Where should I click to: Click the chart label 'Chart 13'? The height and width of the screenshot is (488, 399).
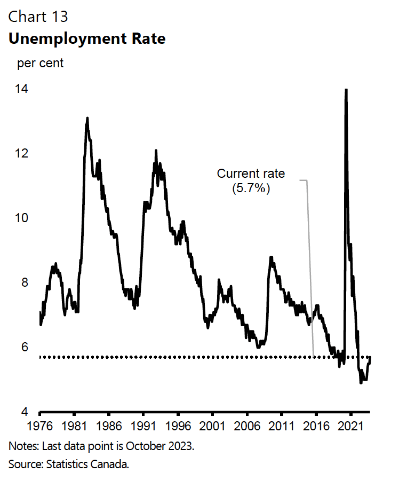tap(38, 17)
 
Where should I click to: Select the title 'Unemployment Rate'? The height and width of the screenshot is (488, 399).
tap(86, 39)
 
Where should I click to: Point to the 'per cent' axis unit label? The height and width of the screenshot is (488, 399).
tap(41, 64)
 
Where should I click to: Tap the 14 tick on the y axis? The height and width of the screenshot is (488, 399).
tap(22, 89)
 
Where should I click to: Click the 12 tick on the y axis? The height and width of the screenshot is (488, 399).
tap(22, 154)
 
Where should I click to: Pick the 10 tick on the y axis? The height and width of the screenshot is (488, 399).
tap(22, 218)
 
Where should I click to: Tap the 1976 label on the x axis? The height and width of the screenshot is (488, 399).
tap(40, 427)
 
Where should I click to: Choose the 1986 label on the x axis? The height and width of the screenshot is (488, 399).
tap(109, 427)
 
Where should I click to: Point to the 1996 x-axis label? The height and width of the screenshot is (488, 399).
tap(178, 427)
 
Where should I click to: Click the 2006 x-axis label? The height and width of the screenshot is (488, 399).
tap(247, 427)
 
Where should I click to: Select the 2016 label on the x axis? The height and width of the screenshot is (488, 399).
tap(316, 427)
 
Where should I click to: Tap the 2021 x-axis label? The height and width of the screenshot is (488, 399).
tap(350, 427)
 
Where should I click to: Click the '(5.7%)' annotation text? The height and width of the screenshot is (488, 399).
tap(251, 188)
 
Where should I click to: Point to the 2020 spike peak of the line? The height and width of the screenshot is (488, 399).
tap(346, 90)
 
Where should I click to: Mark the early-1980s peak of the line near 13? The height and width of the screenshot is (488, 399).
tap(87, 119)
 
